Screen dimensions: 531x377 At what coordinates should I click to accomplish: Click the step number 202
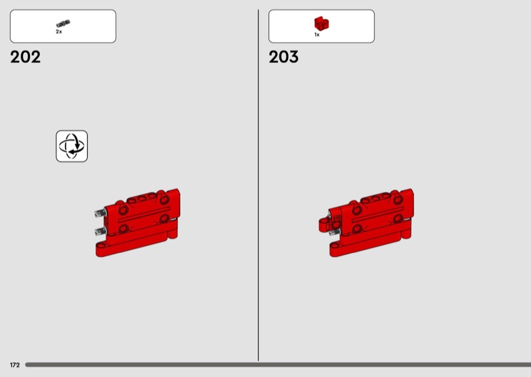(x=25, y=57)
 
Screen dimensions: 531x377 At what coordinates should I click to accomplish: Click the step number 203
(x=284, y=57)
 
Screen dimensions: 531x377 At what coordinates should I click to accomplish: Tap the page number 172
(x=15, y=365)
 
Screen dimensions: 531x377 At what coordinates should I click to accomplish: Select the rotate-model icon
(x=72, y=146)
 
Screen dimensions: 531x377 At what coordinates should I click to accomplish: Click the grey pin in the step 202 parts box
(x=63, y=24)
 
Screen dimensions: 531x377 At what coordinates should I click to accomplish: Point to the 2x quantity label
(x=59, y=32)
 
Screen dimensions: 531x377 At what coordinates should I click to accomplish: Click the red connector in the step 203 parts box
(x=321, y=24)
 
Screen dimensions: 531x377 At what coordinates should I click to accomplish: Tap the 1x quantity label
(x=317, y=35)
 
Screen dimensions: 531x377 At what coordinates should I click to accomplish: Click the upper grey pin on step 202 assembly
(x=101, y=212)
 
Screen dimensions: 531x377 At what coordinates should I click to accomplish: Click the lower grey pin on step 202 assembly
(x=101, y=232)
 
